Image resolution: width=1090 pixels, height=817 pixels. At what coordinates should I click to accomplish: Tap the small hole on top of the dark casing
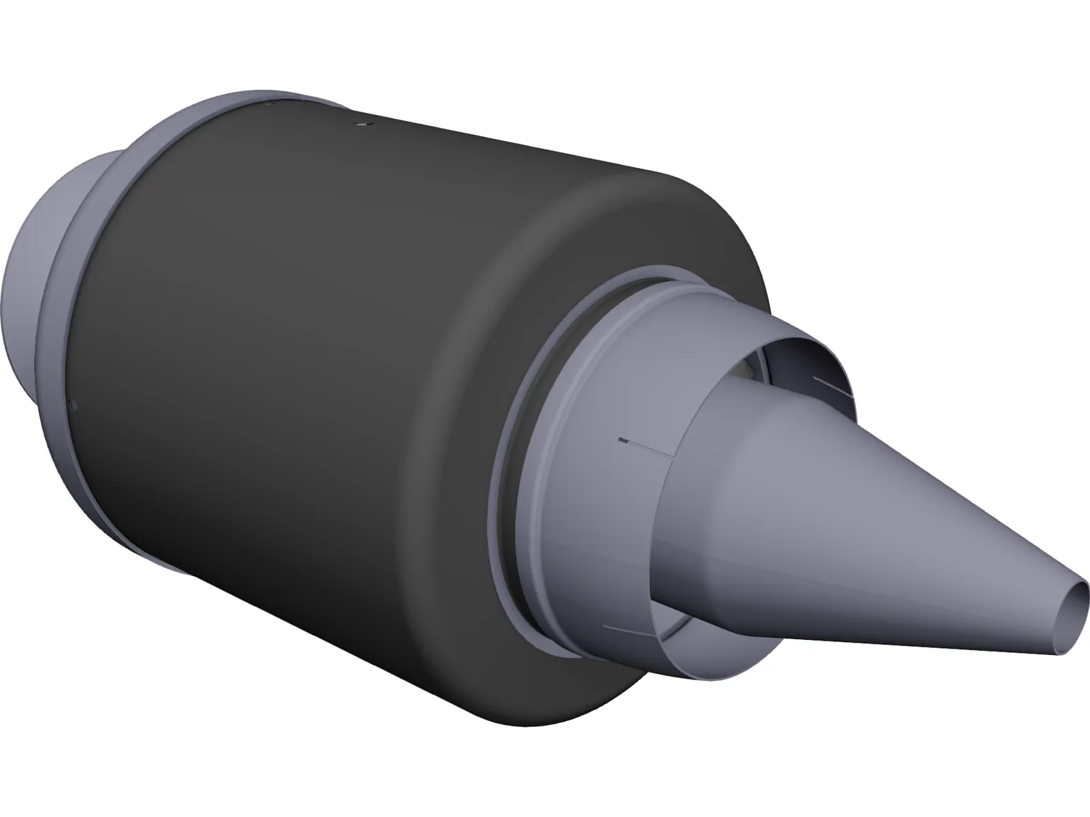(362, 124)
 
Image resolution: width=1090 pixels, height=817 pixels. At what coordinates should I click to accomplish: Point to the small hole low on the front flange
(74, 406)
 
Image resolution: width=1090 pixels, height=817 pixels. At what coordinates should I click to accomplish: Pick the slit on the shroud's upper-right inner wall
(832, 385)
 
